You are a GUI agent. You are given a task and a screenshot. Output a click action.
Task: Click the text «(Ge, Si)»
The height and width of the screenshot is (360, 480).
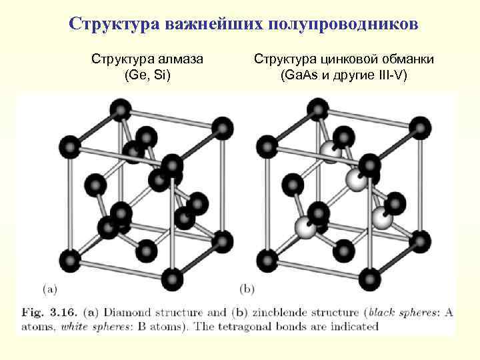(147, 75)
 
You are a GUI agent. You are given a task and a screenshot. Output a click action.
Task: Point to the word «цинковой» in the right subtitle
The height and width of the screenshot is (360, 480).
(345, 60)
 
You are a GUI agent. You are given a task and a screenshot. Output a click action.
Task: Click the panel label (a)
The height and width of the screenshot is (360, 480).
(50, 289)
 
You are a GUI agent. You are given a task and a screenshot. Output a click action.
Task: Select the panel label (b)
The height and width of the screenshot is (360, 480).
(247, 289)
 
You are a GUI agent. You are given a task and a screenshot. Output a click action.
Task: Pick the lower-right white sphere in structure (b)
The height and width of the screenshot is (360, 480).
(382, 217)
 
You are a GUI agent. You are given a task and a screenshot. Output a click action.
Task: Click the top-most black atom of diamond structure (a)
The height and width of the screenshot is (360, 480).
(120, 108)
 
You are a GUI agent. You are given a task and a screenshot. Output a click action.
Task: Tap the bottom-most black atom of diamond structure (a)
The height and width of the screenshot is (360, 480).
(172, 277)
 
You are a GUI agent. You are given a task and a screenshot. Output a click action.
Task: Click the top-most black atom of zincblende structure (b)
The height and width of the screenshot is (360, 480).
(317, 108)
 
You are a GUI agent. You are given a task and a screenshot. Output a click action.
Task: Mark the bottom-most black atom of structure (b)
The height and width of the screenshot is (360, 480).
(369, 277)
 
